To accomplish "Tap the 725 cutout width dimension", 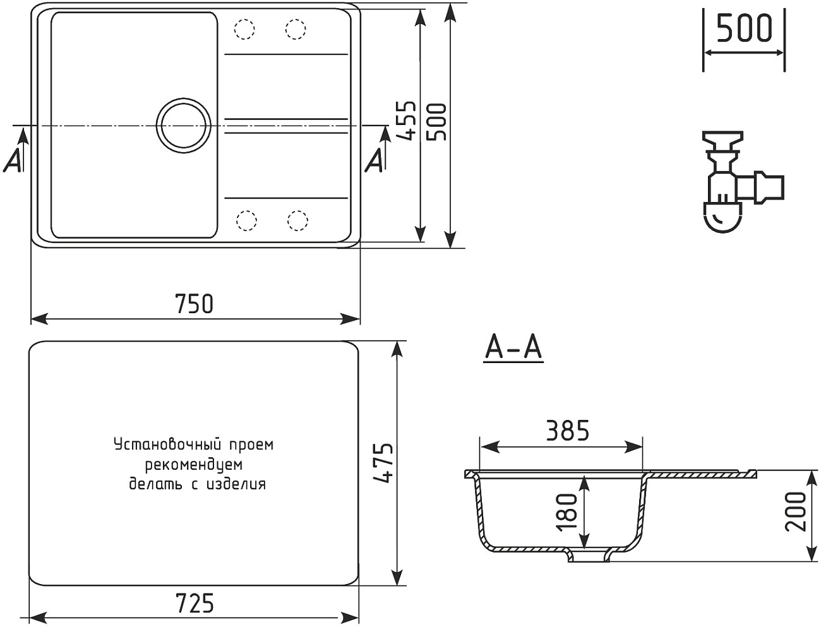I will point(194,604).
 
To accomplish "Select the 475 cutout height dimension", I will point(382,463).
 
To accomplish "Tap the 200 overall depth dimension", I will point(797,511).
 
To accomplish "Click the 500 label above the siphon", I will point(744,28).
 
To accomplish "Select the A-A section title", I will point(513,348).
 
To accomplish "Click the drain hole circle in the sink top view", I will point(183,124).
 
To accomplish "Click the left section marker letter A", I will point(13,161).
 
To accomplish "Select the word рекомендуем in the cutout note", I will point(194,465).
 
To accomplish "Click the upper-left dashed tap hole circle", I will point(244,29).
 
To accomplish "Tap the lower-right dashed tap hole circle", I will point(297,220).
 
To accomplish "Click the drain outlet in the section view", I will point(588,556).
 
